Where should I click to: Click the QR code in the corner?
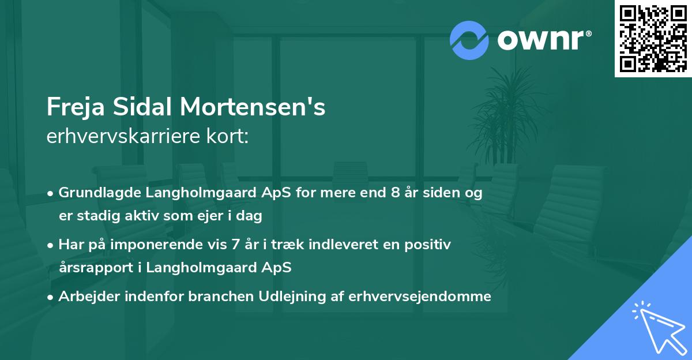pyautogui.click(x=653, y=39)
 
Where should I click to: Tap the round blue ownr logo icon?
pyautogui.click(x=469, y=39)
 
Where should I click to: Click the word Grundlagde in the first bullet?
pyautogui.click(x=95, y=193)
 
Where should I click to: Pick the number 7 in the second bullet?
pyautogui.click(x=235, y=245)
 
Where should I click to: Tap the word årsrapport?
pyautogui.click(x=95, y=268)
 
